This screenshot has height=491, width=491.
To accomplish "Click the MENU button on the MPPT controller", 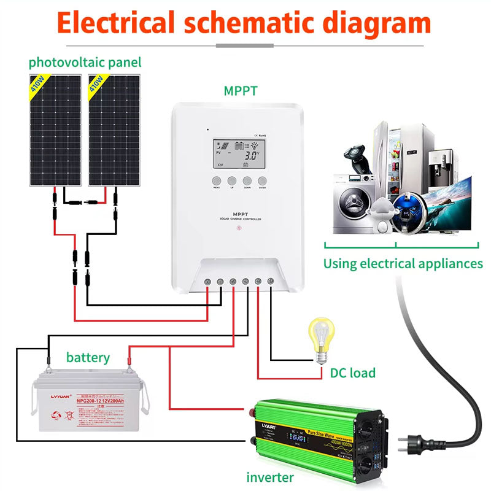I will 216,181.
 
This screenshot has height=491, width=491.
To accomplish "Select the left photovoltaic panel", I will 55,130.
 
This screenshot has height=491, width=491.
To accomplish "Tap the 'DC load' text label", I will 352,373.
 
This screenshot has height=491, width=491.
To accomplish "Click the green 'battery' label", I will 88,357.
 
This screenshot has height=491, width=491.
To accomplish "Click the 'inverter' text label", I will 270,477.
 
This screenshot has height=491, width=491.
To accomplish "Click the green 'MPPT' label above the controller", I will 241,91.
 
